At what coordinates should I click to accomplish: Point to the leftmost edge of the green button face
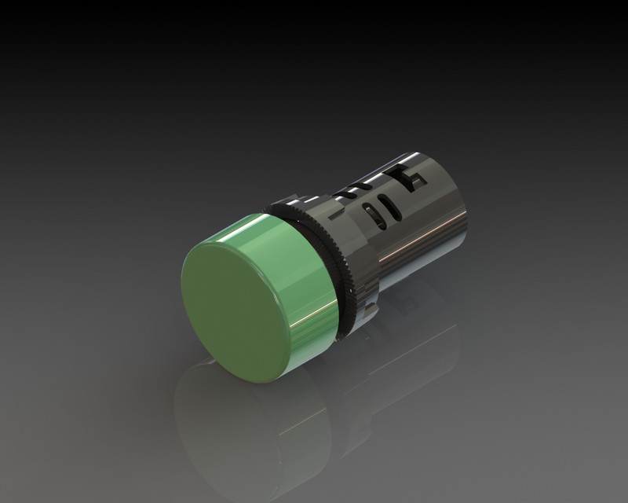182,275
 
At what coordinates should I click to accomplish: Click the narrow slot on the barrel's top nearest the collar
353,189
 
